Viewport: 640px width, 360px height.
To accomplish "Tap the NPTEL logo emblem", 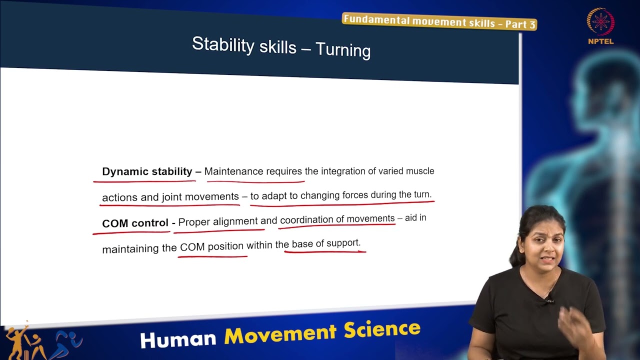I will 600,22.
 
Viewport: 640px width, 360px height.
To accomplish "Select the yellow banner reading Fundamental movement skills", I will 439,21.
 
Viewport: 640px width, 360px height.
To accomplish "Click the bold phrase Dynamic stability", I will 147,171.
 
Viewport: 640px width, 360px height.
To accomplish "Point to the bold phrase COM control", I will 135,223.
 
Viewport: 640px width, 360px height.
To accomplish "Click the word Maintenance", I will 233,171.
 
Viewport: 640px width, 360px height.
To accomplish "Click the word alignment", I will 235,221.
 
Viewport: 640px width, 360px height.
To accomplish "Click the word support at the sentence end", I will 343,243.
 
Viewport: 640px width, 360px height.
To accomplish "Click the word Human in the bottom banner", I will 178,338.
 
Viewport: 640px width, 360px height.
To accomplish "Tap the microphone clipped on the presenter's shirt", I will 549,300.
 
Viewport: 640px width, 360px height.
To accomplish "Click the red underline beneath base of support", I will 325,251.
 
